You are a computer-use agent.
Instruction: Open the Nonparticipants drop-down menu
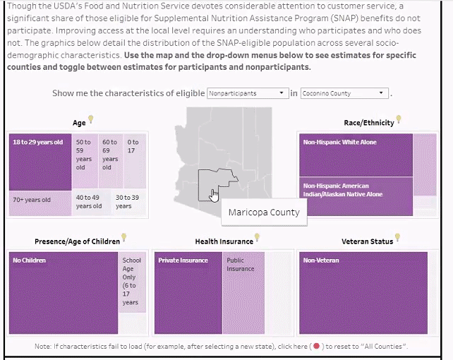(x=248, y=93)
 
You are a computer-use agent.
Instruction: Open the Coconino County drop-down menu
(x=344, y=93)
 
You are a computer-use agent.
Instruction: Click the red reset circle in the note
(x=316, y=346)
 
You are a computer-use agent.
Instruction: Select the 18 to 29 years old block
(x=40, y=162)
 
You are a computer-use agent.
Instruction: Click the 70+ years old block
(x=40, y=203)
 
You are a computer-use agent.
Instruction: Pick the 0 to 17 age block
(x=135, y=161)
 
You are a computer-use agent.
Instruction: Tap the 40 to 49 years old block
(x=92, y=203)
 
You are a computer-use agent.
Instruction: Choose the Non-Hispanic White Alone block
(x=356, y=155)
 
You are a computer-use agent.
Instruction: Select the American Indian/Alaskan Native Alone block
(x=356, y=196)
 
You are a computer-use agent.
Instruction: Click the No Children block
(x=64, y=293)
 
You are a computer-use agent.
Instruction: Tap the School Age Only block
(x=132, y=282)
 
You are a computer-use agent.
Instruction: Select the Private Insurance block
(x=188, y=293)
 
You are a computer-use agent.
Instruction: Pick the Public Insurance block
(x=243, y=293)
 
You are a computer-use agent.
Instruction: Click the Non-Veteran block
(x=363, y=293)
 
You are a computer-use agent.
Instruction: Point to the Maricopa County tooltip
(x=264, y=212)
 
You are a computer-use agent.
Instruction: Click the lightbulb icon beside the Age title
(x=91, y=119)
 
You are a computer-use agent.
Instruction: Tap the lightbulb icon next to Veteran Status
(x=397, y=237)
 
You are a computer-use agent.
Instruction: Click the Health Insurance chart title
(x=224, y=241)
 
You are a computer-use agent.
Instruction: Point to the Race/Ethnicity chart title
(x=369, y=123)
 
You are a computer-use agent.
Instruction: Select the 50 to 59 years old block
(x=85, y=161)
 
